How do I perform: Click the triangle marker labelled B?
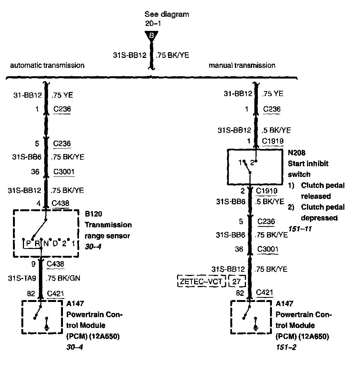point(151,36)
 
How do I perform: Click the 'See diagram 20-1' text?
point(167,19)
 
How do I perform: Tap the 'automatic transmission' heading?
point(47,65)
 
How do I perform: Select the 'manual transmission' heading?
point(242,65)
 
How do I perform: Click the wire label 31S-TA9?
point(22,279)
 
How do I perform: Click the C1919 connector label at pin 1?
point(272,141)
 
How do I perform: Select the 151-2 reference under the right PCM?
point(286,347)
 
